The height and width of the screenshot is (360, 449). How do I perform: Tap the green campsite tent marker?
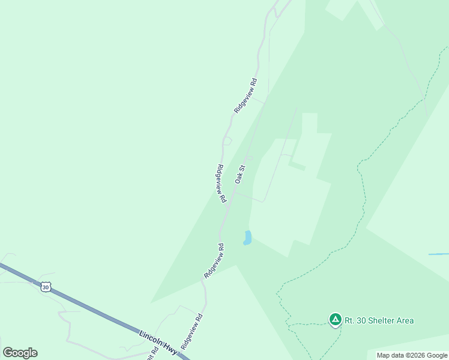click(336, 320)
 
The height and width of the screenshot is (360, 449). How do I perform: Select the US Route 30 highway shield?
click(46, 287)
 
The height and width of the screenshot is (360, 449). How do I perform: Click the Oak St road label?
click(241, 175)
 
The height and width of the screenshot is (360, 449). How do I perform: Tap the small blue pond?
click(247, 238)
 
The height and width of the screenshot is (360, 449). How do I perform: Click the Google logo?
click(20, 353)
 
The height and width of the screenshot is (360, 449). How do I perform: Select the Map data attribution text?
click(412, 355)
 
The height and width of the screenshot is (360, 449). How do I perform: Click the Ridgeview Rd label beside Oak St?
click(220, 183)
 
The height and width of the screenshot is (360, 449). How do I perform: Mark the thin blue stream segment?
click(438, 254)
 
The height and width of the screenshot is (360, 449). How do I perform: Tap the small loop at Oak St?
click(249, 158)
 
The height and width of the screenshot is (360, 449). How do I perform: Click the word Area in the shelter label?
click(404, 320)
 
